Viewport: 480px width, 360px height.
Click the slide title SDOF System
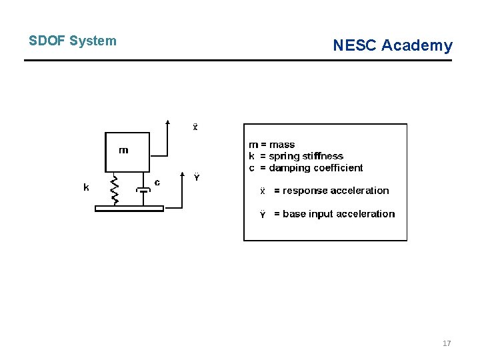click(x=72, y=41)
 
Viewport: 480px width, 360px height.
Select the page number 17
click(x=447, y=343)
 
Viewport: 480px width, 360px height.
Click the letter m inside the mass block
click(x=123, y=150)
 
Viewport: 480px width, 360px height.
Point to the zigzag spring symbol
click(x=115, y=189)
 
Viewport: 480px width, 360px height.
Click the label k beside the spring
click(x=86, y=187)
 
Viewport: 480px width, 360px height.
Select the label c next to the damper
click(x=157, y=181)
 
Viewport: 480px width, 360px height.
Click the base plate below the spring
click(x=129, y=209)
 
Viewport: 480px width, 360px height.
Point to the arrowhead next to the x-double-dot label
click(x=168, y=122)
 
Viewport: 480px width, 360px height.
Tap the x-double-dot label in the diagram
click(x=195, y=127)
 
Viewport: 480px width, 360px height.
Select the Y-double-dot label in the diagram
click(x=197, y=177)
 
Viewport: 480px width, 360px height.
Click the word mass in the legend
click(x=282, y=145)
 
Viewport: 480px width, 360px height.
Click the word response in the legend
click(x=305, y=191)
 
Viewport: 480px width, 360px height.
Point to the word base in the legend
click(x=295, y=214)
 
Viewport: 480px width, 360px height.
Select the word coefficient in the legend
click(x=338, y=168)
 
